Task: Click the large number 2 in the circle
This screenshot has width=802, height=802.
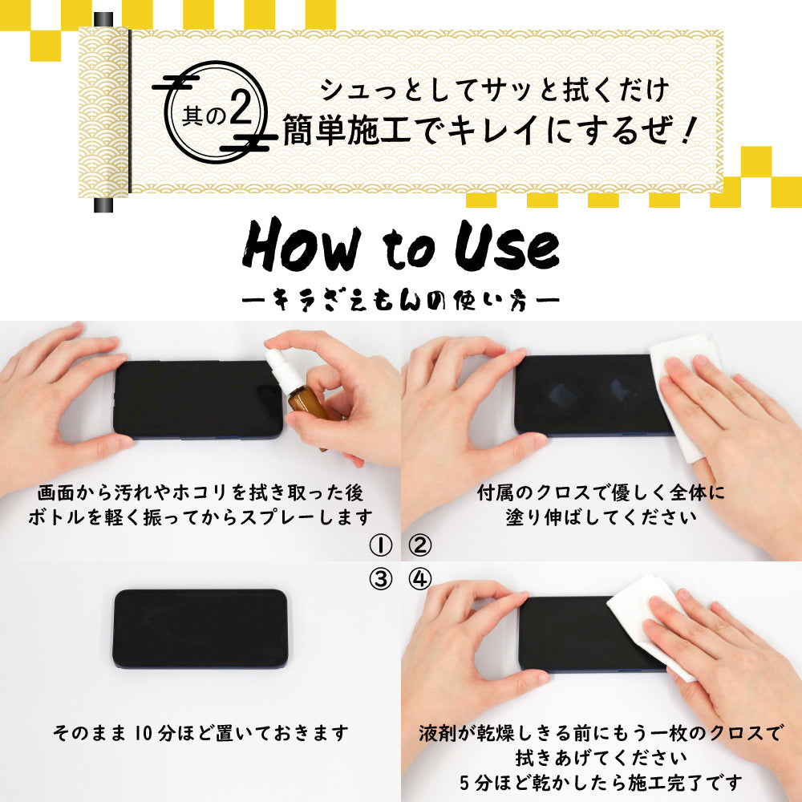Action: [x=241, y=108]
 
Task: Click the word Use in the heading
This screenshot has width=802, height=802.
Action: [x=507, y=246]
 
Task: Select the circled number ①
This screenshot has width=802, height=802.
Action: [x=380, y=545]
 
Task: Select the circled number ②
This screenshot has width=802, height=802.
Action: [x=420, y=545]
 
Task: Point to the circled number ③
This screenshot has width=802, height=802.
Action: [x=380, y=580]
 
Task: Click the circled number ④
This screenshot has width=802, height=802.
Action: [x=420, y=580]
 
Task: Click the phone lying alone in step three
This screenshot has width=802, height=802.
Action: [x=200, y=629]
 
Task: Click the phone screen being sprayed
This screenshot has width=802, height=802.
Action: [x=198, y=399]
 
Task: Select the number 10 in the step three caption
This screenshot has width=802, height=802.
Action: [x=144, y=734]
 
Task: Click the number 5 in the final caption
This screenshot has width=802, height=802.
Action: [x=464, y=783]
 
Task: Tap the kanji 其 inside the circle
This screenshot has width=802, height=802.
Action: [x=192, y=116]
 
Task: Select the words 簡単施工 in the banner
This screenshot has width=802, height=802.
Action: [x=346, y=130]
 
